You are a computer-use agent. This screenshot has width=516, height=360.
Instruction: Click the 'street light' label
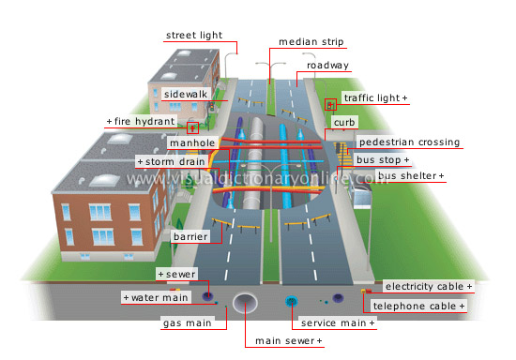(x=194, y=37)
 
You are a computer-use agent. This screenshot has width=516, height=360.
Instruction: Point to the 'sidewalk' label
(x=185, y=95)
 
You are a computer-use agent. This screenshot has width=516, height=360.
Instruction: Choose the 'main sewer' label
(x=289, y=340)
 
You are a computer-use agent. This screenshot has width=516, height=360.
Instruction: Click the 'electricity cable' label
(x=429, y=285)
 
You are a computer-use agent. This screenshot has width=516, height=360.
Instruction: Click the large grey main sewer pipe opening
(x=246, y=302)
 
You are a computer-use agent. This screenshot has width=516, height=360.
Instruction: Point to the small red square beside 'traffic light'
(x=330, y=104)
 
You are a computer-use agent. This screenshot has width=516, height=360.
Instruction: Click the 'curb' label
(x=343, y=122)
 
